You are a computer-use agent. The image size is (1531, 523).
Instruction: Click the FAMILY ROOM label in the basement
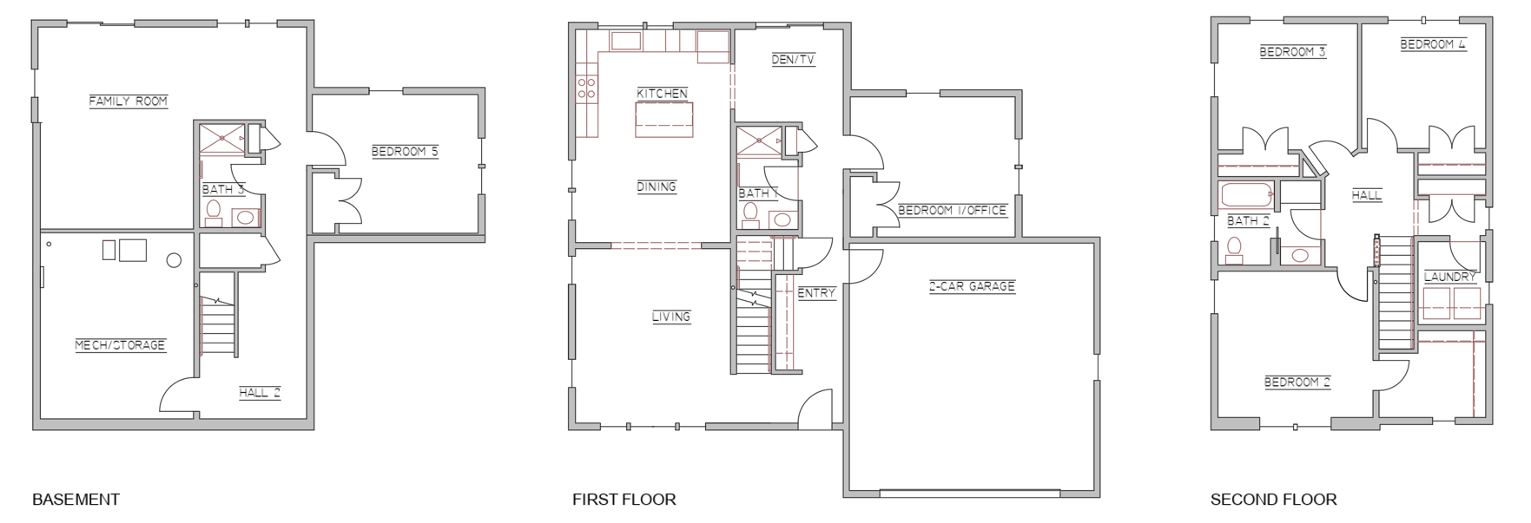[129, 101]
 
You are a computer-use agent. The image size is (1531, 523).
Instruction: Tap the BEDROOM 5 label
[405, 152]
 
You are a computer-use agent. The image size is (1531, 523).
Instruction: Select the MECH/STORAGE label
[120, 345]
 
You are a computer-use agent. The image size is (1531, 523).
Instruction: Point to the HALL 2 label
[260, 393]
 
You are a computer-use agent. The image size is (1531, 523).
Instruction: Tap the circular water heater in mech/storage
[174, 259]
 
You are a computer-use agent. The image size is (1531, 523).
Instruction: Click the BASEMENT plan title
[76, 500]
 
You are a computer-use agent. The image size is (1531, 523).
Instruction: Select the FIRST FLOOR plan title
[624, 500]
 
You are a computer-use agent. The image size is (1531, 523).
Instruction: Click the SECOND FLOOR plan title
[1274, 500]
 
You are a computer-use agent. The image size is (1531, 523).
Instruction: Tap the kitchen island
[664, 119]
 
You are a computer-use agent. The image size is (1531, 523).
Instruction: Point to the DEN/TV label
[793, 60]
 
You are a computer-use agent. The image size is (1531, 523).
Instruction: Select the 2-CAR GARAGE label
[972, 286]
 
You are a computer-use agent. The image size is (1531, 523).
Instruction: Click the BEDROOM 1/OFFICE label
[952, 211]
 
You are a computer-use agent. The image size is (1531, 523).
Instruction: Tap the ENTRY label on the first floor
[816, 293]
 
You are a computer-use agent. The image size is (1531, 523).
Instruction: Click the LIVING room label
[671, 317]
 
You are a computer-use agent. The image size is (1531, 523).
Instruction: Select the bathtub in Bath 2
[1247, 195]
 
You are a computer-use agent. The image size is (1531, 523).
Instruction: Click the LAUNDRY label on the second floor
[1450, 278]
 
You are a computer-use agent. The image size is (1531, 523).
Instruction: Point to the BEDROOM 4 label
[1433, 44]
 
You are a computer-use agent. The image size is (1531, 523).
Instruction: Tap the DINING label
[656, 186]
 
